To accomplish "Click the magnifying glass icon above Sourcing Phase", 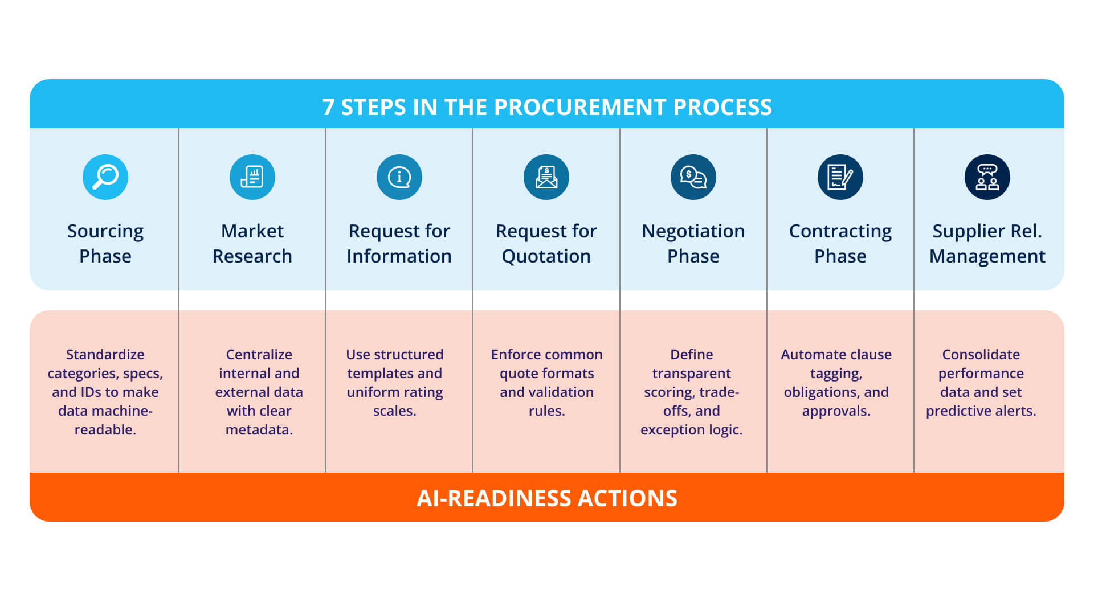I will (105, 177).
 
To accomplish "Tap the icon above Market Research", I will (252, 177).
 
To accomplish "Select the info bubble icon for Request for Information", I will (399, 177).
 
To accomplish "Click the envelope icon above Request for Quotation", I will (546, 177).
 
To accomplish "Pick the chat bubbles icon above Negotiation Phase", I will (693, 177).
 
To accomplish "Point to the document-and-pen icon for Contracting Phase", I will (840, 177).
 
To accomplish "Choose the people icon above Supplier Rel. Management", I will (987, 177).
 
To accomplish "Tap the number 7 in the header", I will (328, 107).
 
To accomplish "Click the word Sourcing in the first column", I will (105, 231).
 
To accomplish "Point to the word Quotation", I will (546, 256).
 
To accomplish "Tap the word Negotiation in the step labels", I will (693, 231).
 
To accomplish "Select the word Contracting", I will (840, 231).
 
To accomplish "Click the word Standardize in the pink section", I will (105, 354).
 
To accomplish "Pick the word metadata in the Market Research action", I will (259, 429).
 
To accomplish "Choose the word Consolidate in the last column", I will (981, 354).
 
